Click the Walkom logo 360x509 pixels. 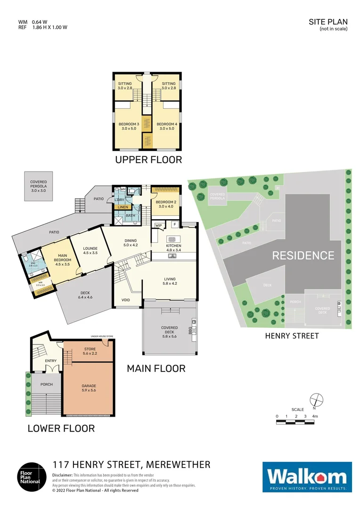coord(307,477)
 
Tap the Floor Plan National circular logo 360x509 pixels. coord(33,477)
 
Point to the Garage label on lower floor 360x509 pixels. coord(89,388)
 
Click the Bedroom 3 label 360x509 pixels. coord(128,126)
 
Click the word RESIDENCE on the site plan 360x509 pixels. coord(303,255)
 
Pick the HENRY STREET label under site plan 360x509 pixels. coord(292,336)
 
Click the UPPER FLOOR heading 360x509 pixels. coord(148,160)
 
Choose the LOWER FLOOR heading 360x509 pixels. coord(61,428)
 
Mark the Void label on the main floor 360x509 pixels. coord(126,300)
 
